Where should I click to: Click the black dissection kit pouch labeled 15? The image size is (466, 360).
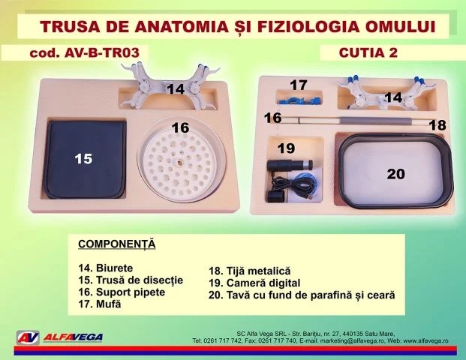[x=86, y=159]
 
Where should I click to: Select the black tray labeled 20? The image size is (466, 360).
[x=395, y=171]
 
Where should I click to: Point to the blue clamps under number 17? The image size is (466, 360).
[x=299, y=100]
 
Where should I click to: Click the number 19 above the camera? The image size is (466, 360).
[x=286, y=148]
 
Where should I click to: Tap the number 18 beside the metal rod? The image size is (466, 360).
[x=437, y=125]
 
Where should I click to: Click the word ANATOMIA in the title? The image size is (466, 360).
[x=182, y=26]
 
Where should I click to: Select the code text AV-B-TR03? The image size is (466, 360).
[x=101, y=52]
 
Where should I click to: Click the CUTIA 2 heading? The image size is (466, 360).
[x=368, y=52]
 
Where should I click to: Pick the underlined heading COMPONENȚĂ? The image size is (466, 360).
[x=117, y=244]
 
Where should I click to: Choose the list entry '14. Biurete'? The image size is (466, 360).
[x=106, y=268]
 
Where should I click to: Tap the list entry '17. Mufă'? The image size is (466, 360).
[x=100, y=304]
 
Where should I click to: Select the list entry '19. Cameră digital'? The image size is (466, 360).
[x=254, y=283]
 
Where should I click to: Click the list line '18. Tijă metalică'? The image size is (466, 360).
[x=250, y=271]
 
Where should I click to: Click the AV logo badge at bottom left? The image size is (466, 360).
[x=28, y=337]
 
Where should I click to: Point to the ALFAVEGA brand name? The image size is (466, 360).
[x=73, y=337]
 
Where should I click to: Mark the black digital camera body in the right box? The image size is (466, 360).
[x=290, y=165]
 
